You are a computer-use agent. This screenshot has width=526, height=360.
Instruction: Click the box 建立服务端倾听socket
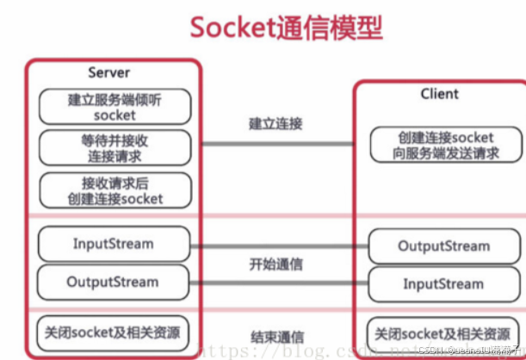click(x=114, y=107)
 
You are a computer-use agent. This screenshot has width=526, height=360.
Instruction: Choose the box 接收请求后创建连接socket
click(x=114, y=190)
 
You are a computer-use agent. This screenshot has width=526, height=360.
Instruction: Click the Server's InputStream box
click(x=114, y=244)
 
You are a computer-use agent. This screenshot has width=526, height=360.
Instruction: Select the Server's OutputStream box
click(x=114, y=282)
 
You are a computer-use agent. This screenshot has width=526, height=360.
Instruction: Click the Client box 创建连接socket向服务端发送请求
click(x=445, y=145)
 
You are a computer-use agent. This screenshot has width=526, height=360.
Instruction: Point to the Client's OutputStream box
click(x=443, y=246)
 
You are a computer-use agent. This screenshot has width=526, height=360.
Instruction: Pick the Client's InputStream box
click(x=443, y=283)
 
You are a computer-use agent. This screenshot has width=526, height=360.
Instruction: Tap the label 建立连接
click(x=275, y=124)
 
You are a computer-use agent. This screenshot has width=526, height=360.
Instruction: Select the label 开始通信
click(x=275, y=263)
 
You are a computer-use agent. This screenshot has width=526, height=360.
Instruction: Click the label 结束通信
click(x=275, y=336)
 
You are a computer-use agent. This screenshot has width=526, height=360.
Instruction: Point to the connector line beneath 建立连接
click(x=275, y=144)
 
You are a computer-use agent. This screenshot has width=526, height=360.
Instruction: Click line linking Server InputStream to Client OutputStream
click(x=275, y=245)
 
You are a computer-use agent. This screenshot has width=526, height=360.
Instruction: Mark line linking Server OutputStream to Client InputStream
click(x=275, y=282)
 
